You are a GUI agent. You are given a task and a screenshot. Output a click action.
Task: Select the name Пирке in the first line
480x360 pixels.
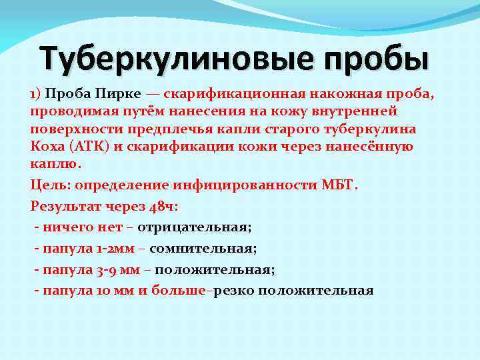click(x=117, y=94)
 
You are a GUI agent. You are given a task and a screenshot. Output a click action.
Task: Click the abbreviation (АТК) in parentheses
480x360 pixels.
click(x=93, y=146)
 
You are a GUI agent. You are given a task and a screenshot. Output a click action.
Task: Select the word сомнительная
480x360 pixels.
click(x=203, y=249)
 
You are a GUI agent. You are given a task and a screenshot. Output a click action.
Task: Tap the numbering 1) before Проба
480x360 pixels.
click(x=36, y=94)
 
